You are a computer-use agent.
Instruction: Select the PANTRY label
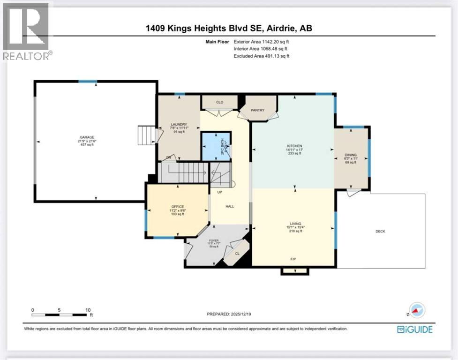[x=258, y=111]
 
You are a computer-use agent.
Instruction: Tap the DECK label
[x=380, y=231]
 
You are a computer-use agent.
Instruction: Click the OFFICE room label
[x=178, y=207]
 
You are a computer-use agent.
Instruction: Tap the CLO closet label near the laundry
[x=219, y=101]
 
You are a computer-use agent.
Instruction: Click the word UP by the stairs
[x=219, y=192]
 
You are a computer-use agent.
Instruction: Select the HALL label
[x=230, y=206]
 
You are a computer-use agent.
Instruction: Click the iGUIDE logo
[x=415, y=329]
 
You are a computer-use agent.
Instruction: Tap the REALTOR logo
[x=27, y=31]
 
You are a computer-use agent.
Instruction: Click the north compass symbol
[x=417, y=310]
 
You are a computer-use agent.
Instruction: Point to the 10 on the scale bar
[x=87, y=310]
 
